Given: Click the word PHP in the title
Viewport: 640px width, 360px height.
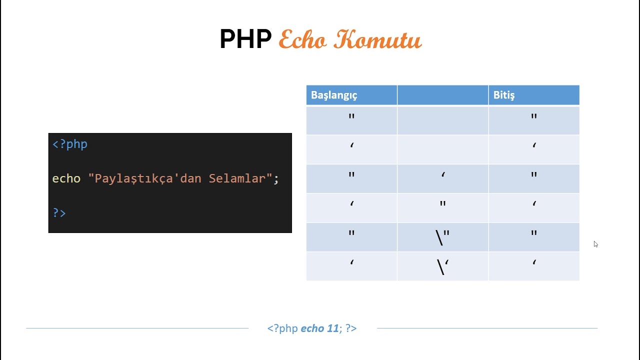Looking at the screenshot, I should coord(245,39).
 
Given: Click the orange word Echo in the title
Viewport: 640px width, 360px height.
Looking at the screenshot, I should coord(302,39).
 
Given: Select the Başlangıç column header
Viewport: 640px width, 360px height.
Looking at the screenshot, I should coord(334,95).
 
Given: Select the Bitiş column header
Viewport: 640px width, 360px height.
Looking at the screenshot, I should coord(503,95).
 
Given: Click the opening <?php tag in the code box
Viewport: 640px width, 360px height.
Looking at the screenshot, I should coord(70,144).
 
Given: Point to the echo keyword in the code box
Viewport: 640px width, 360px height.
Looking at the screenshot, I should coord(66,178).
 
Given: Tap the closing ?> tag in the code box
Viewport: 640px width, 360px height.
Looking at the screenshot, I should coord(59,212).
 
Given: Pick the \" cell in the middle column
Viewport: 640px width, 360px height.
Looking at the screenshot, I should coord(442,237).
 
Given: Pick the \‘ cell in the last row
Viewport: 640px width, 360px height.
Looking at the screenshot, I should coord(442,266).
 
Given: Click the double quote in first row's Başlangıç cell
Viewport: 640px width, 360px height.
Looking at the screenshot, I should coord(351,117).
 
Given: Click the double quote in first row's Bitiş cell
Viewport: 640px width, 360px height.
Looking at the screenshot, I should coord(534,117).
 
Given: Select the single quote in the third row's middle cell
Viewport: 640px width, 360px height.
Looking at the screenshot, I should coord(443,175).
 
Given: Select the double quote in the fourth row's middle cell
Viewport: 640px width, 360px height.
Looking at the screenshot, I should coord(443,204).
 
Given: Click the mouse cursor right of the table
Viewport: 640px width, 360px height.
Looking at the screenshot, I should coord(595,244).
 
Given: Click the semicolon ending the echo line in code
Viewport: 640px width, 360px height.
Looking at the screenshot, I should coord(276,179).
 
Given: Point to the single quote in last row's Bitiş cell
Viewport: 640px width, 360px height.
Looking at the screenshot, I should coord(534,262).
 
